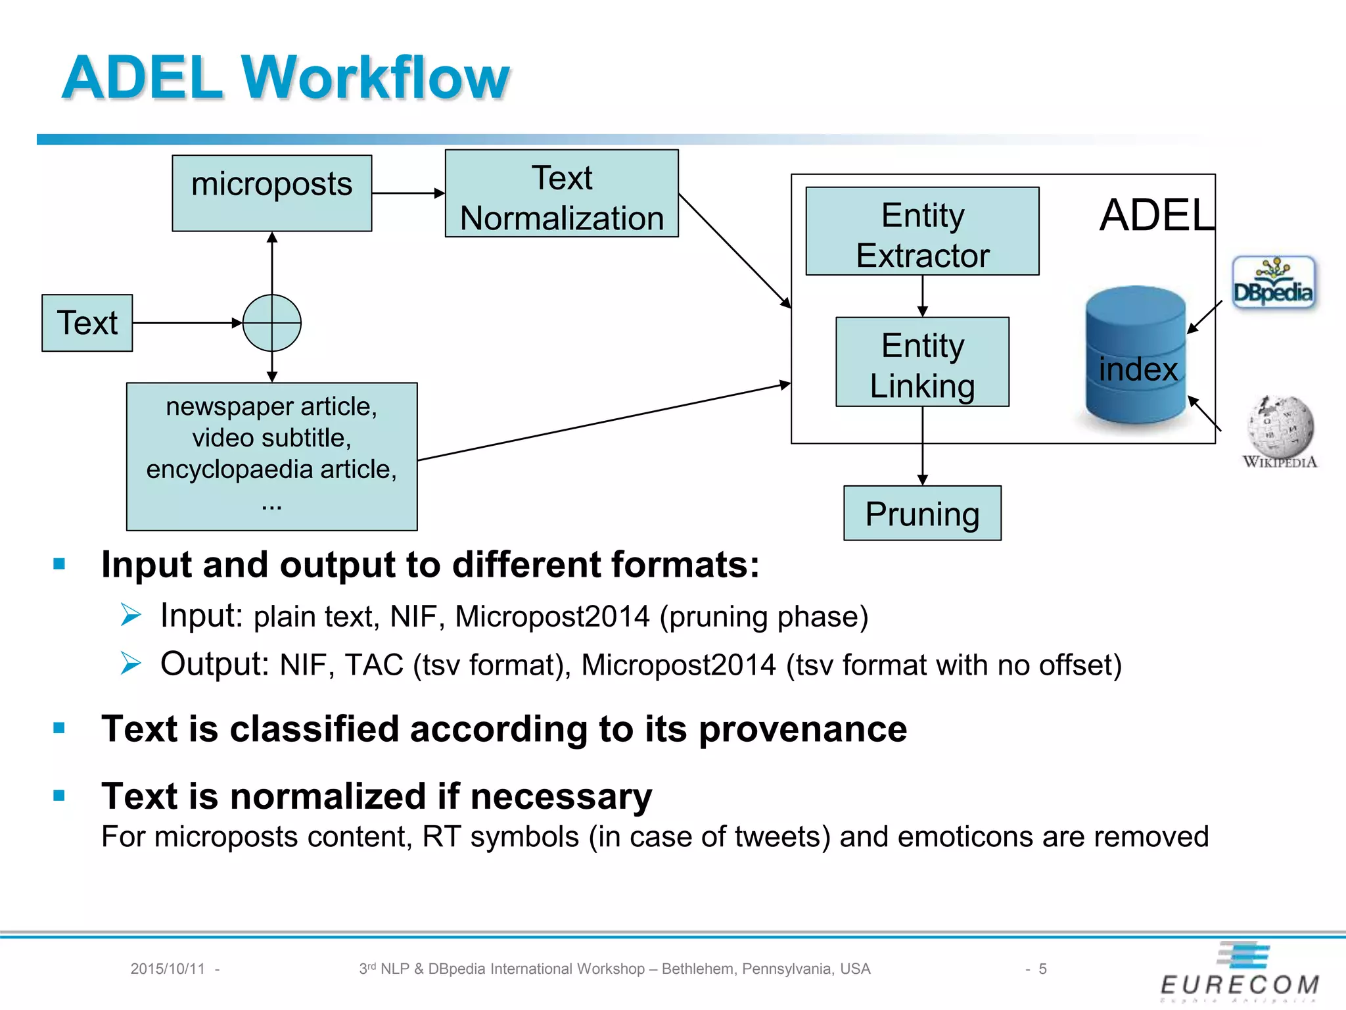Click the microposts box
[271, 193]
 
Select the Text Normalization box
[561, 193]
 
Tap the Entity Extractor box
[922, 231]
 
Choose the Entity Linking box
[922, 362]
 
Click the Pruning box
[922, 513]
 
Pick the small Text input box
[87, 323]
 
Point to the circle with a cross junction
[272, 323]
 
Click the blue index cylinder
[1136, 355]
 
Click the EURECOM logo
[1241, 973]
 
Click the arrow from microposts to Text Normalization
[408, 193]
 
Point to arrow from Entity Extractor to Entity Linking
[922, 296]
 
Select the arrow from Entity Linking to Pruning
[922, 446]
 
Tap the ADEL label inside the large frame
[1157, 215]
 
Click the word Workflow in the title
[376, 78]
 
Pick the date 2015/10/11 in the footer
[168, 969]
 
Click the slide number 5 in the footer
[1042, 969]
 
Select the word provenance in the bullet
[802, 729]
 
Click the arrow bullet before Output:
[131, 663]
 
